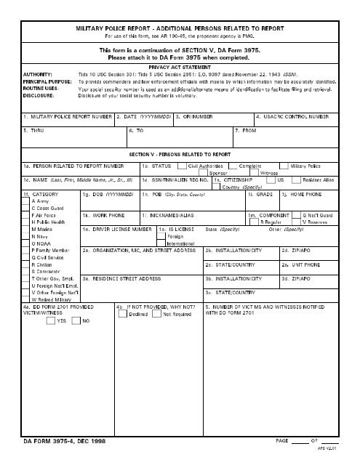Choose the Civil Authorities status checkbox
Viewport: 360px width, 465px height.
(182, 166)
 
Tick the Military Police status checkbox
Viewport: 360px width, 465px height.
(284, 166)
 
